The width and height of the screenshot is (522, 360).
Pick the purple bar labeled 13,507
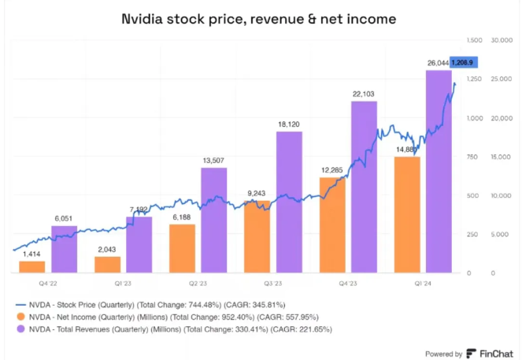(214, 220)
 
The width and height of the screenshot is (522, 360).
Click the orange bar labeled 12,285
(332, 225)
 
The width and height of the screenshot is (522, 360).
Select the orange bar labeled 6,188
(182, 248)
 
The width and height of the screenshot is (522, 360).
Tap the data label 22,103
(364, 95)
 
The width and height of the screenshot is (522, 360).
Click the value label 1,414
(32, 254)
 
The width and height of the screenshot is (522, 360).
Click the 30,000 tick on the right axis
(502, 39)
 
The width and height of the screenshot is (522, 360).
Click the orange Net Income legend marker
(21, 315)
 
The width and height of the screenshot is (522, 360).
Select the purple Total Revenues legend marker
(21, 327)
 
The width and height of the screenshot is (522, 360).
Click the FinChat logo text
(494, 353)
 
